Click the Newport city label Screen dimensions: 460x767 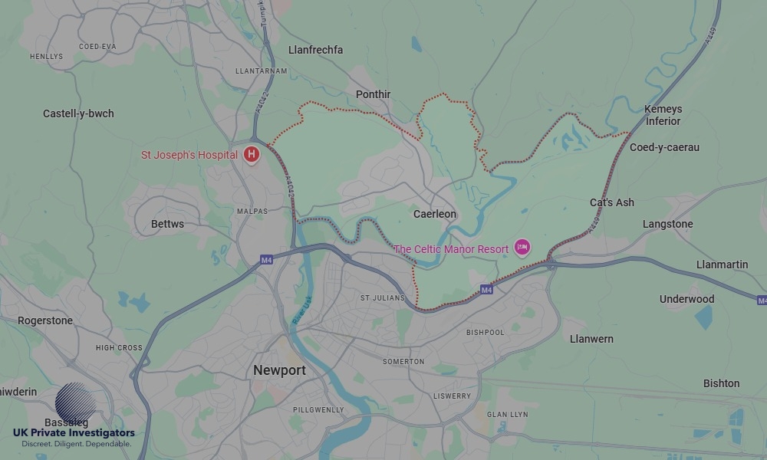point(279,370)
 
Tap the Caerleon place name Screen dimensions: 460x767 point(434,214)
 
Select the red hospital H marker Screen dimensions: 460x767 point(251,155)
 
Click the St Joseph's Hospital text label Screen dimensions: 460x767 point(189,155)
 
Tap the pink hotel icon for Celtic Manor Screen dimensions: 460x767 point(522,248)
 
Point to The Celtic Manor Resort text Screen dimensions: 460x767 point(451,249)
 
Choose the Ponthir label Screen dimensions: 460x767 point(373,94)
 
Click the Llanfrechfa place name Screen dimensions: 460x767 point(315,50)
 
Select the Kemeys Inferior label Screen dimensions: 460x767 point(663,115)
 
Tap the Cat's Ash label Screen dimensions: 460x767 point(611,202)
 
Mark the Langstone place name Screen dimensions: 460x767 point(667,224)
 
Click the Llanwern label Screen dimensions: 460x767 point(591,339)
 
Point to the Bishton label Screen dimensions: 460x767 point(721,383)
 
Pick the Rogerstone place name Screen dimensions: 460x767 point(45,320)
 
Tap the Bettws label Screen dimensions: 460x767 point(167,224)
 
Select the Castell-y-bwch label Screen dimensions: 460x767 point(78,113)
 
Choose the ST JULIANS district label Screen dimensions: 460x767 point(381,297)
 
